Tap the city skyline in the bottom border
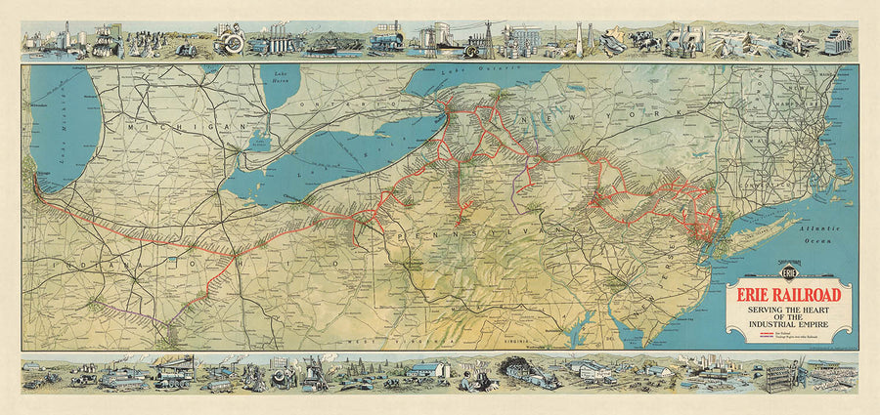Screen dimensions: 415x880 [709, 371]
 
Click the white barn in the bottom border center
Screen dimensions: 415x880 [427, 370]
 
